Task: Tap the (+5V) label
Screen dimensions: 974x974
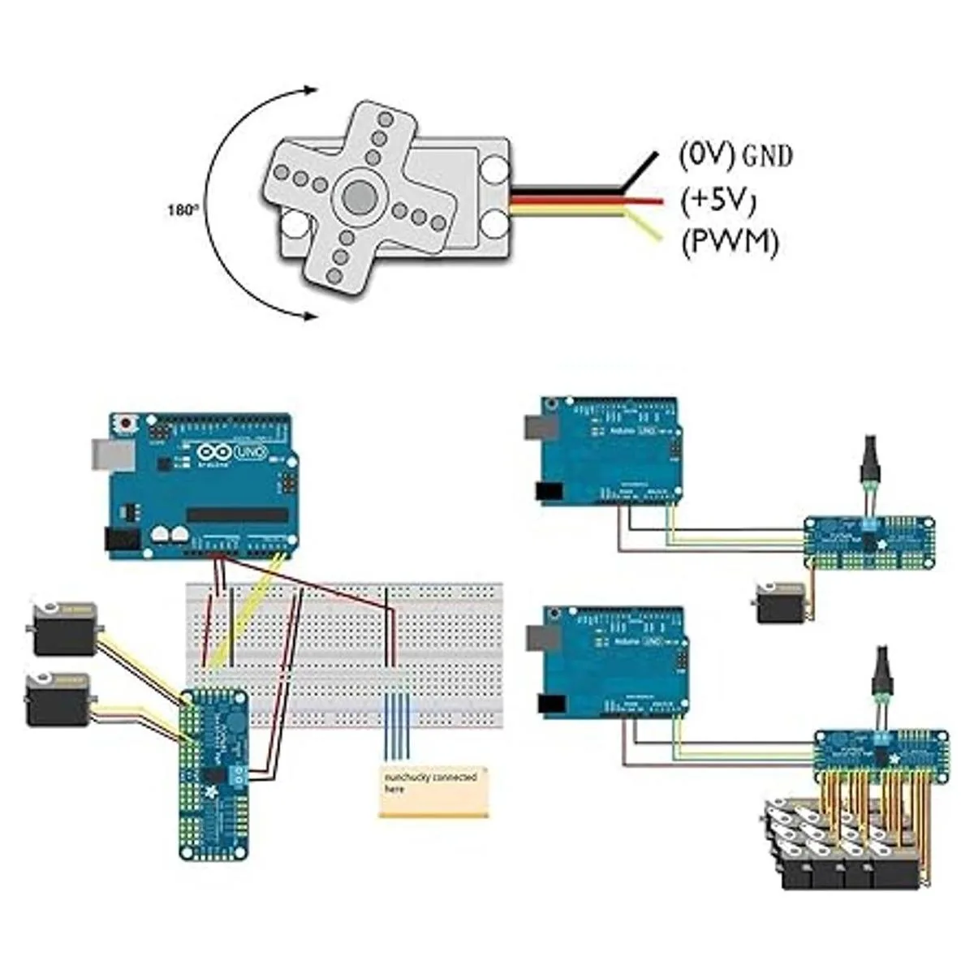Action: click(x=718, y=200)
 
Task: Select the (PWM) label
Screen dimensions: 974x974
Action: click(x=728, y=242)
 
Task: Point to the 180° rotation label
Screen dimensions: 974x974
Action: click(x=182, y=209)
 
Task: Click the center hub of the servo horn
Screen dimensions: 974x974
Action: click(x=358, y=195)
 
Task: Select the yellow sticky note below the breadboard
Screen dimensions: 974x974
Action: click(x=434, y=791)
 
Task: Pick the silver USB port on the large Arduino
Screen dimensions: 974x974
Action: click(x=105, y=455)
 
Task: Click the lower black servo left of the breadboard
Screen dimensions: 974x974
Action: click(x=57, y=700)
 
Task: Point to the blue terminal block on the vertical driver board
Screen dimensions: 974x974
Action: click(x=239, y=774)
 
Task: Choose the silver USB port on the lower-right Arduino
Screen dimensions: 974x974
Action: click(x=538, y=639)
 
